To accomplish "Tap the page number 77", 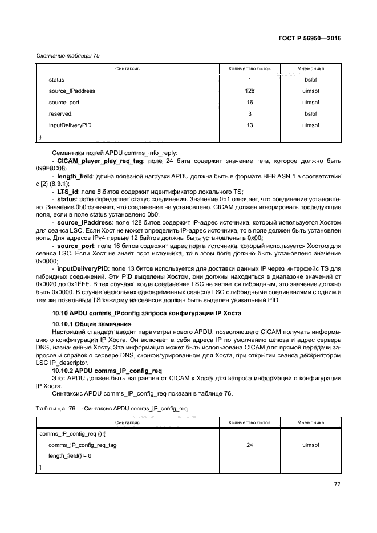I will click(x=337, y=485).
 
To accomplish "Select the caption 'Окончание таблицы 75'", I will click(x=69, y=55).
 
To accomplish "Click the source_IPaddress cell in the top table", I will click(x=72, y=91).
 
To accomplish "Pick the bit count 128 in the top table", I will click(x=249, y=91).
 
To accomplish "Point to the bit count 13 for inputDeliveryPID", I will click(x=249, y=125).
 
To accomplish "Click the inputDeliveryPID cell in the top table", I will click(x=70, y=125).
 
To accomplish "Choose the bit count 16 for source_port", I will click(x=249, y=102).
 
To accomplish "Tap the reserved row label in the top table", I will click(x=60, y=113).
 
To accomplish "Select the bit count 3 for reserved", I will click(x=249, y=113).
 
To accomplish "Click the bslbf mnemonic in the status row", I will click(x=310, y=79).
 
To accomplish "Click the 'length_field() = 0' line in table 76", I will click(x=70, y=456).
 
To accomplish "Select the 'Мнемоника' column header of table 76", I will click(x=310, y=423).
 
